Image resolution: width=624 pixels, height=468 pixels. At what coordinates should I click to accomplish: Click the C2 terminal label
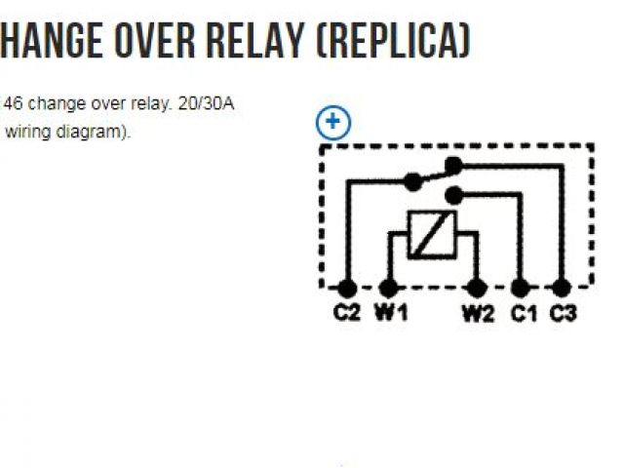[x=346, y=314]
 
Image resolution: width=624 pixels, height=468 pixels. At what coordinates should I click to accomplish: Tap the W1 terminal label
[x=391, y=314]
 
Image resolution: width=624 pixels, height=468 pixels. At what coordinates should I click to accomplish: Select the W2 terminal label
[x=478, y=314]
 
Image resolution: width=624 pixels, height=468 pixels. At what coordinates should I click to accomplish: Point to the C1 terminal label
[x=524, y=314]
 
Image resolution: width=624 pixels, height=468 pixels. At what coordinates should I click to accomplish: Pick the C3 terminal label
[x=563, y=314]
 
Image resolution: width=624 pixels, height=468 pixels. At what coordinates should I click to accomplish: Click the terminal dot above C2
[x=345, y=288]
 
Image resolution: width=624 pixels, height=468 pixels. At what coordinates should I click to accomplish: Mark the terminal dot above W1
[x=388, y=288]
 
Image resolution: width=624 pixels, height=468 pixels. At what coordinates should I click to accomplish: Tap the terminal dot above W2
[x=477, y=288]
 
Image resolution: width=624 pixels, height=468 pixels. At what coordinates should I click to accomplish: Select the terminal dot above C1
[x=521, y=288]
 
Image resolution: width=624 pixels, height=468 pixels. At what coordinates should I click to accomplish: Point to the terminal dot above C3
[x=560, y=288]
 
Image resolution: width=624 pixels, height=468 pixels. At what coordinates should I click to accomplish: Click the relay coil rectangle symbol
[x=432, y=234]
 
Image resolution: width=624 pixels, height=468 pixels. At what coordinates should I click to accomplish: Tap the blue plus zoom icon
[x=333, y=123]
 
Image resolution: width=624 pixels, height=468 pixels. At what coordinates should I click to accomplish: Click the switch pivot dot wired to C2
[x=413, y=181]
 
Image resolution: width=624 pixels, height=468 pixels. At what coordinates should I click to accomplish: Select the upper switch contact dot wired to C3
[x=451, y=164]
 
